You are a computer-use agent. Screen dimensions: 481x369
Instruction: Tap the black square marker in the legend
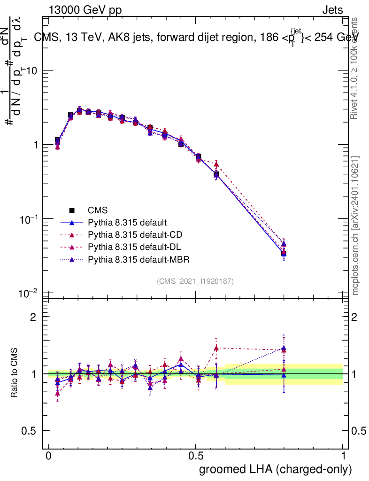coord(72,210)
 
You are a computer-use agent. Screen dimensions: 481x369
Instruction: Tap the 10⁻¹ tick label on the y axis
coord(29,219)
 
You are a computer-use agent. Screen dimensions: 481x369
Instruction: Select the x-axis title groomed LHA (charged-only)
coord(276,469)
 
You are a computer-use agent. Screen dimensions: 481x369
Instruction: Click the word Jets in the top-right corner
coord(332,10)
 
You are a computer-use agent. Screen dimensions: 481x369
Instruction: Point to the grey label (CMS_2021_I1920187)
coord(195,281)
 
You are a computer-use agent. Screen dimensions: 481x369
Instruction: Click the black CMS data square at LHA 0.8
coord(284,254)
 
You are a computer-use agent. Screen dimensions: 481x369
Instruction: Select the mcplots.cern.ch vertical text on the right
coord(355,225)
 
